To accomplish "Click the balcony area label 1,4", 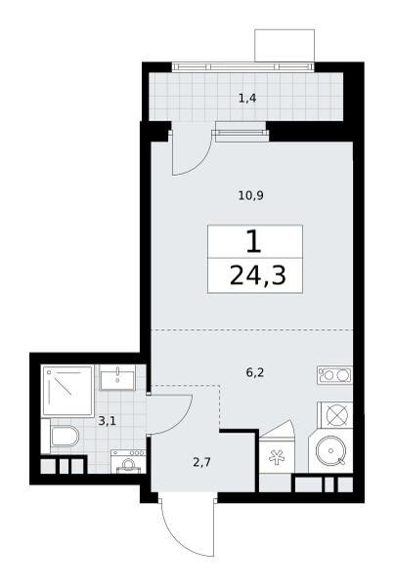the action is pyautogui.click(x=247, y=99).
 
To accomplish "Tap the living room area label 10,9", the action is pyautogui.click(x=250, y=195).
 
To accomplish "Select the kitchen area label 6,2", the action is pyautogui.click(x=255, y=373).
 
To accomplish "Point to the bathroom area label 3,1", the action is pyautogui.click(x=107, y=421).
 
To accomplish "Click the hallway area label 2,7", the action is pyautogui.click(x=202, y=463).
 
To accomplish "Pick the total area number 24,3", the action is pyautogui.click(x=258, y=275).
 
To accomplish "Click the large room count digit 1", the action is pyautogui.click(x=253, y=241).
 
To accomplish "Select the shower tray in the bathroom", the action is pyautogui.click(x=67, y=391).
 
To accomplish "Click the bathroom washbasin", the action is pyautogui.click(x=118, y=379).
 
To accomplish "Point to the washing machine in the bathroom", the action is pyautogui.click(x=128, y=462).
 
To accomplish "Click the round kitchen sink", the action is pyautogui.click(x=331, y=450).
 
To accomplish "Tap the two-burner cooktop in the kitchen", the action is pyautogui.click(x=335, y=375).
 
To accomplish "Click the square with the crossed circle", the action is pyautogui.click(x=335, y=414).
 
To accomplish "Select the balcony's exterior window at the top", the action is pyautogui.click(x=242, y=66).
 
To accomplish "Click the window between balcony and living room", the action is pyautogui.click(x=241, y=133).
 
